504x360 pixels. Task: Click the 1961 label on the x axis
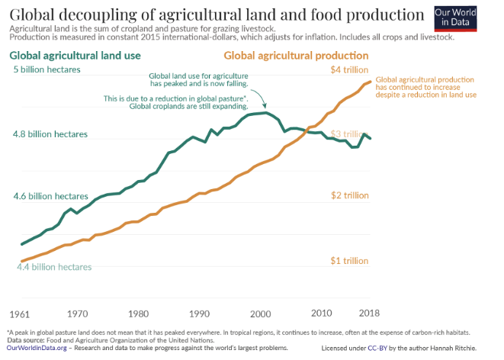(x=20, y=313)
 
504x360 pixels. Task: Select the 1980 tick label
(x=138, y=313)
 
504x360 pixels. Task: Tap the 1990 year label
(x=199, y=313)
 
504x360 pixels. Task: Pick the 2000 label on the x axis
(x=260, y=313)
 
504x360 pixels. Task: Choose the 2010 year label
(x=322, y=313)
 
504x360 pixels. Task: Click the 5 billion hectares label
(x=47, y=70)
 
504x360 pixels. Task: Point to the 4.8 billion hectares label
(x=51, y=133)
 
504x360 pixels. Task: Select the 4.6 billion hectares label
(x=51, y=197)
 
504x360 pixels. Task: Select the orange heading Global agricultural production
(x=296, y=56)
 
